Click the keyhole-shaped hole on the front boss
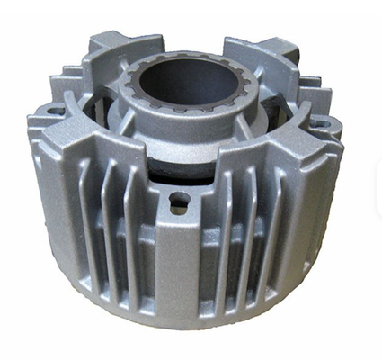[x=180, y=199]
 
